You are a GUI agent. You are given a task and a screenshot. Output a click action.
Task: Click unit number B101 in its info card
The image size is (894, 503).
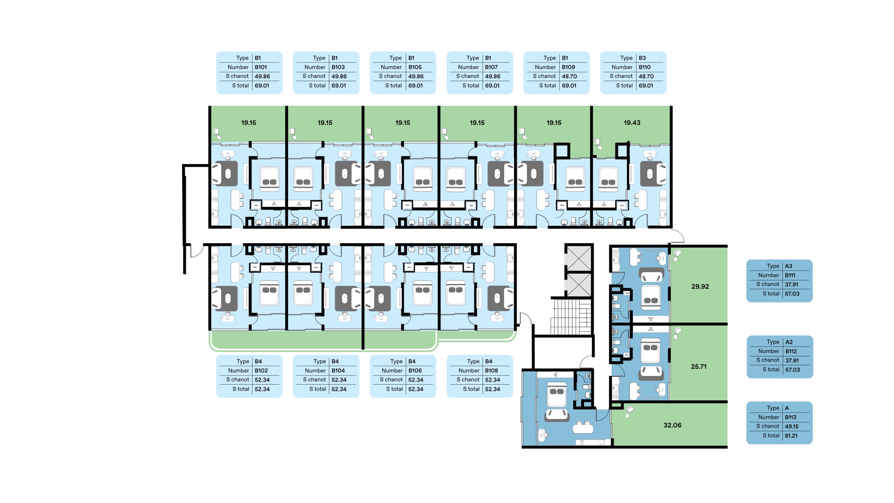261,67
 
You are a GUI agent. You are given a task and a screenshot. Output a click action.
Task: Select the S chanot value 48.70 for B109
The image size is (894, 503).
569,76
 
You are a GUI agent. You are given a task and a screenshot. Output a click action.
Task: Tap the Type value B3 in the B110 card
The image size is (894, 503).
642,58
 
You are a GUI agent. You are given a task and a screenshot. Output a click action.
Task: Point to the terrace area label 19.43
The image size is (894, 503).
632,123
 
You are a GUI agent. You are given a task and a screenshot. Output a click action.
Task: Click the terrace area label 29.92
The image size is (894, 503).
700,286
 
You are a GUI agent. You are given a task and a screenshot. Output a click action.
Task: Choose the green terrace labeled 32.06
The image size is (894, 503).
670,425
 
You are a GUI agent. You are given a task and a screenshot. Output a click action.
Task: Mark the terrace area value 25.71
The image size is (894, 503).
698,367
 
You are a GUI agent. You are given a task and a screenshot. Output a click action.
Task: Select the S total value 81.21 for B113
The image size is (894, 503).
791,436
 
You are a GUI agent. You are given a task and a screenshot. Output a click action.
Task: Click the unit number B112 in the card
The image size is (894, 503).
791,352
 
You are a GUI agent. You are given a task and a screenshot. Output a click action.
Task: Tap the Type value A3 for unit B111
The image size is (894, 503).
788,266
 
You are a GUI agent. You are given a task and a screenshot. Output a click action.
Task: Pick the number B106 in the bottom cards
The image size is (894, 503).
415,371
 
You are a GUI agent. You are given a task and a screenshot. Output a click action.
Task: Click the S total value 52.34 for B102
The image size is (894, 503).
262,389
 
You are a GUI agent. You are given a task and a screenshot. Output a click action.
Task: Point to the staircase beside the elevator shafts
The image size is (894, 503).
571,317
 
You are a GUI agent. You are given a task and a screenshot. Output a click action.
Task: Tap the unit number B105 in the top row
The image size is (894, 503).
415,67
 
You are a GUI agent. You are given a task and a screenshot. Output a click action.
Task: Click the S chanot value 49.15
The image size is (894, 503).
792,427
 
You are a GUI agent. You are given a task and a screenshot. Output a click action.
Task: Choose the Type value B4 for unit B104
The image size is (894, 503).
335,361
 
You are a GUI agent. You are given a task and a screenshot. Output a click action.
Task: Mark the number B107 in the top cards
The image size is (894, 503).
491,67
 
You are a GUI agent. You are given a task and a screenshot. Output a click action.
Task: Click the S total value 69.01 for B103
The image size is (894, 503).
339,86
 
